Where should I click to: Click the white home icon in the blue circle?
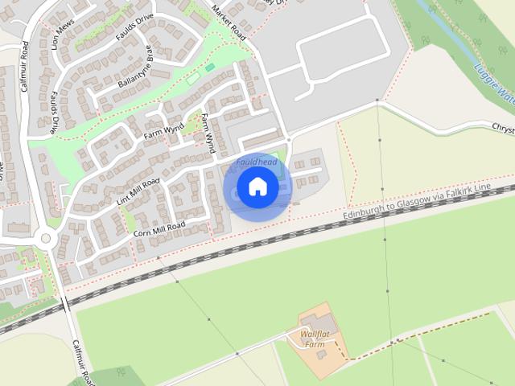pos(257,187)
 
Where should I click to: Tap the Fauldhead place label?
pos(257,162)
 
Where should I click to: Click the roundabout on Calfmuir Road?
pos(45,238)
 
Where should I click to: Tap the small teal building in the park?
pos(210,68)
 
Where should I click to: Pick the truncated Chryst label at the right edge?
pos(502,129)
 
